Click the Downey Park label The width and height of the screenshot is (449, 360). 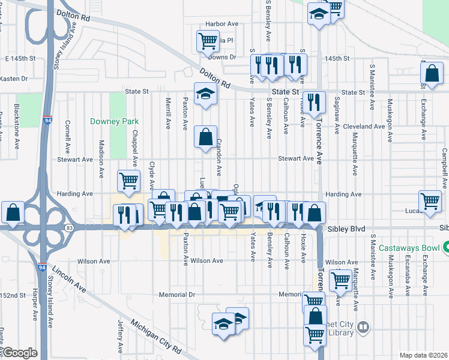pos(114,121)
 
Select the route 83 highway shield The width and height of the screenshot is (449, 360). pos(70,227)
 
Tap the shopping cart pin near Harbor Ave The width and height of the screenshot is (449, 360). pos(207,41)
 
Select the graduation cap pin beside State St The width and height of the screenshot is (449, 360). pos(205,94)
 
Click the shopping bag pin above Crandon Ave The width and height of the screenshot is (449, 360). pos(205,137)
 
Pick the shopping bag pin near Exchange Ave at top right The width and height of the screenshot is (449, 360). pos(432,73)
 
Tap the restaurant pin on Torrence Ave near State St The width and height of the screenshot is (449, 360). pos(313,101)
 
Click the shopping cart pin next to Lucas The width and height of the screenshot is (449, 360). pos(430,202)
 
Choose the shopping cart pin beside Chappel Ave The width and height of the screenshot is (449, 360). pos(129,181)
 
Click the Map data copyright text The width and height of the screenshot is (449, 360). pos(423,355)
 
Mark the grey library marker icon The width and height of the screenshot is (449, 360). pos(363,328)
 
